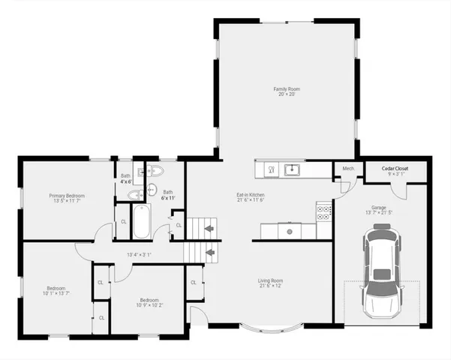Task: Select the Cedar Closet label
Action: coord(395,169)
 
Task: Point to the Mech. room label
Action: coord(348,169)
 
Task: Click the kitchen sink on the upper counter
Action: coord(293,169)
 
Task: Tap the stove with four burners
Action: coord(324,212)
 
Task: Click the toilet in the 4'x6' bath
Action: coord(134,196)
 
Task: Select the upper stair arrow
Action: coord(210,226)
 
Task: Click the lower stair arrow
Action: coord(210,253)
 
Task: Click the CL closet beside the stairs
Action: coord(179,224)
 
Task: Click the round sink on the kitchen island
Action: coord(289,230)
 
